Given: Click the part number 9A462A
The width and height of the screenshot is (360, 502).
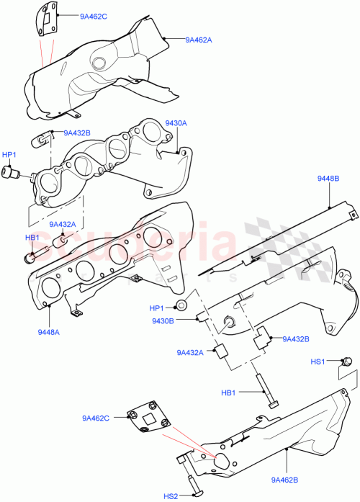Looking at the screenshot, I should [198, 40].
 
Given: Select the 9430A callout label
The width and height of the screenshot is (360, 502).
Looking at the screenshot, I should [176, 123].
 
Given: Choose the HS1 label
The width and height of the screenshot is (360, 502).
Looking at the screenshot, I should [318, 361].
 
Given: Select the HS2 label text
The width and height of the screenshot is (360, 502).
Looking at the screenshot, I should [171, 496].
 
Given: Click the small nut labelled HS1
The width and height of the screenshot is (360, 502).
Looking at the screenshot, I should [345, 362].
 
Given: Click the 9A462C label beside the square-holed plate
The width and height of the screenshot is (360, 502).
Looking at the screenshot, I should [95, 418].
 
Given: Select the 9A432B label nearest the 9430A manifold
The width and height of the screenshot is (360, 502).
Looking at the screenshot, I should [76, 133].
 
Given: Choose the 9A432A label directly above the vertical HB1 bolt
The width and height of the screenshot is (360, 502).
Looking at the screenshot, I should [190, 352].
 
